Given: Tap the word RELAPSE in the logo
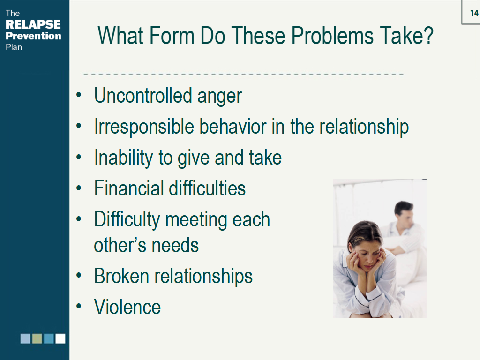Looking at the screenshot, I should pyautogui.click(x=33, y=24).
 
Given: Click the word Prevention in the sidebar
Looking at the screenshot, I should pyautogui.click(x=33, y=36).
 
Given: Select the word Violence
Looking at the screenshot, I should pyautogui.click(x=127, y=307).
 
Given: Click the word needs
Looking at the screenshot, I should pyautogui.click(x=177, y=245).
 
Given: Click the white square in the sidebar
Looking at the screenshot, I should pyautogui.click(x=60, y=338).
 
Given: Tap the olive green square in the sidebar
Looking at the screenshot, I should pyautogui.click(x=37, y=338).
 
